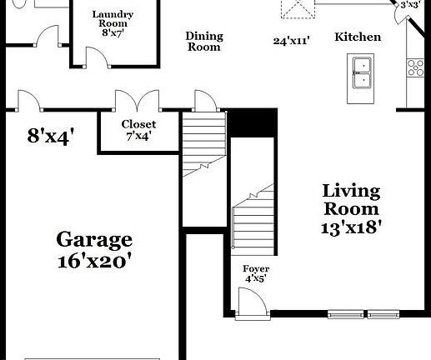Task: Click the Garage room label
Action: [x=93, y=240]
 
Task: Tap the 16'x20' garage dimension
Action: [x=93, y=260]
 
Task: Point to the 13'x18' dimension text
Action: [x=351, y=227]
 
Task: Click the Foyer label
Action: [x=255, y=268]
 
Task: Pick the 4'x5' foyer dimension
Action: [x=255, y=278]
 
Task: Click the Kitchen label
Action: [x=358, y=37]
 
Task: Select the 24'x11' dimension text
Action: [x=293, y=40]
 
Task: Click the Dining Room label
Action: [x=203, y=42]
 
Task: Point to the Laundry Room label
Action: [x=113, y=20]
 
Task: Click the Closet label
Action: [x=138, y=124]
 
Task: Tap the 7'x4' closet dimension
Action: [x=138, y=136]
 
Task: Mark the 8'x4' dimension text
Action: [x=57, y=136]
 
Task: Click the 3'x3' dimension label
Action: [x=409, y=5]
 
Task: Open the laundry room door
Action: [x=94, y=56]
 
